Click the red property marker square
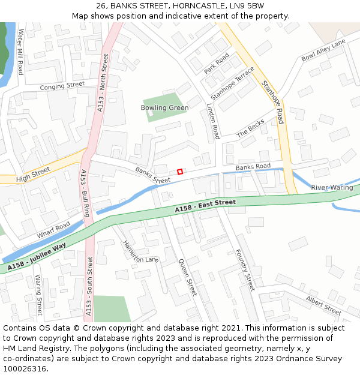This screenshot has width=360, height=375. pos(179,172)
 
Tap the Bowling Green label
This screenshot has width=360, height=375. pos(164,108)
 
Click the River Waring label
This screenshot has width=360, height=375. pos(332,188)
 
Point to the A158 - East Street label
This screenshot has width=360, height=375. pos(205,206)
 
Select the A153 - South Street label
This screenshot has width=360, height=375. pos(89,286)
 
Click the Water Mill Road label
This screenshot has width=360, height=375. pos(20,52)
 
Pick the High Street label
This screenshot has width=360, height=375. pos(34,175)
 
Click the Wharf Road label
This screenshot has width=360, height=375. pos(53,229)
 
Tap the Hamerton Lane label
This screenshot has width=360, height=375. pos(140,251)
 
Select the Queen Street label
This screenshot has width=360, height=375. pos(187,277)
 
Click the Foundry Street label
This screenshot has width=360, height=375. pos(245,269)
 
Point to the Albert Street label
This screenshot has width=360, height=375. pos(323,305)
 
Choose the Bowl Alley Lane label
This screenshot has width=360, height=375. pos(323,50)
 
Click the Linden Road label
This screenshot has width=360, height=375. pos(212,121)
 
